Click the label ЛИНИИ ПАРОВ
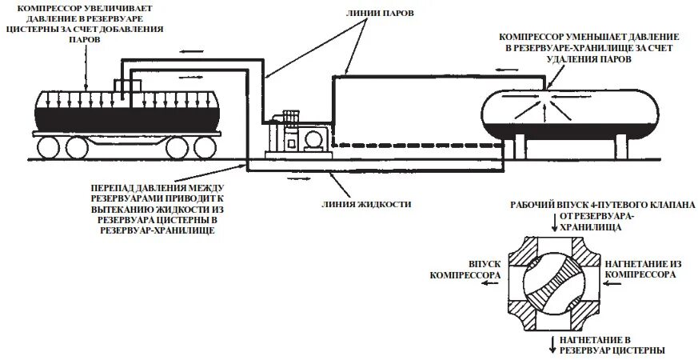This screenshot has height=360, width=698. tap(377, 13)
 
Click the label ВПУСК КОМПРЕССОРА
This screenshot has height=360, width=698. tap(468, 269)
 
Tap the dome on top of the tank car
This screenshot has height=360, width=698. tap(126, 86)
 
